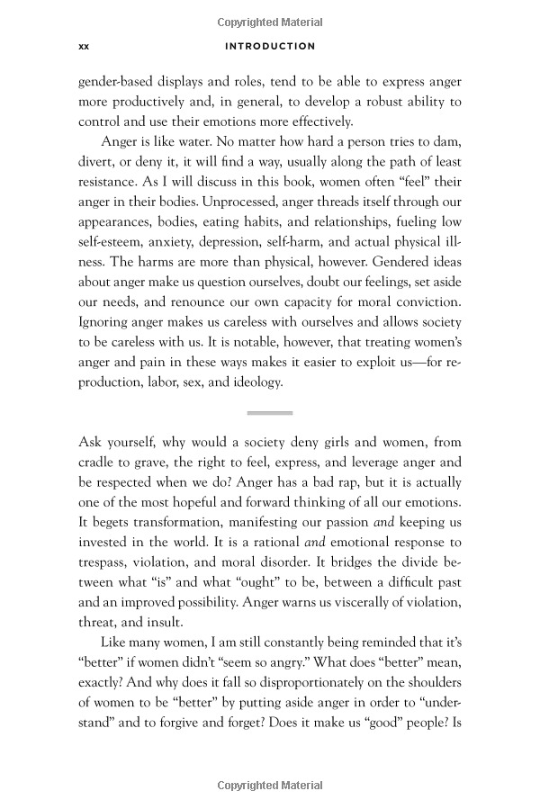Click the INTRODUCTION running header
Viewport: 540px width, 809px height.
(x=270, y=46)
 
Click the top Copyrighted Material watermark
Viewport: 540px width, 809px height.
(x=270, y=22)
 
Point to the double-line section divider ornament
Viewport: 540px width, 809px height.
(x=270, y=413)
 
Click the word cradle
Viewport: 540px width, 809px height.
(x=101, y=463)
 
